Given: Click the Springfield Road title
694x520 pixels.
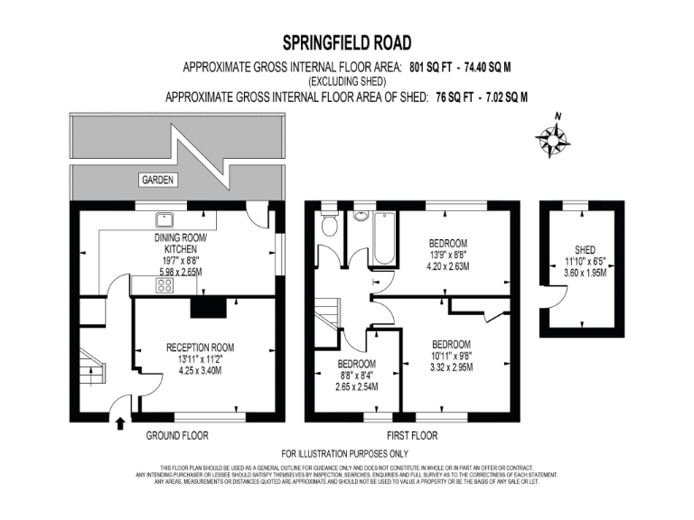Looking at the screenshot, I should click(346, 42).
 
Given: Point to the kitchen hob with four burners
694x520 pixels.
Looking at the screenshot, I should click(165, 285).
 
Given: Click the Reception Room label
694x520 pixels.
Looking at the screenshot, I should click(200, 347).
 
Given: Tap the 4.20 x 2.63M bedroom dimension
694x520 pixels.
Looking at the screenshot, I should click(448, 267).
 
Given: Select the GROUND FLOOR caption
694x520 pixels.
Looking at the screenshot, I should click(177, 435).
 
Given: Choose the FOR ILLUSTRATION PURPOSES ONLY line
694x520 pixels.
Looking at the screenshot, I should click(346, 453).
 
